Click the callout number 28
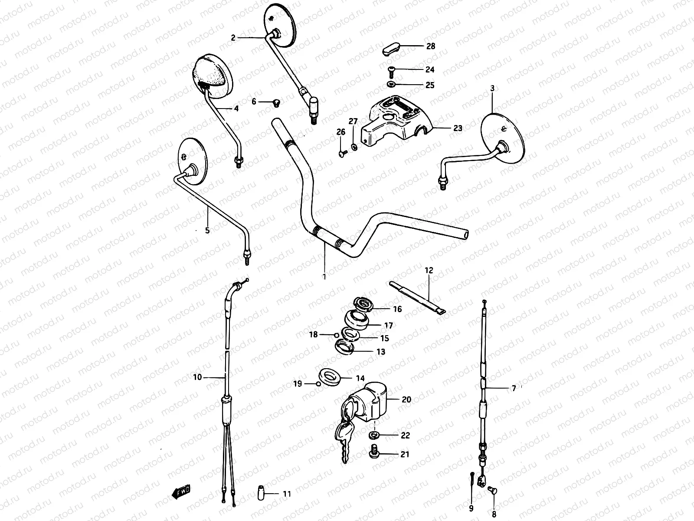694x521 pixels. point(430,46)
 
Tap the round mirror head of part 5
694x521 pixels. point(193,161)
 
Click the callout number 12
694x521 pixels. point(429,270)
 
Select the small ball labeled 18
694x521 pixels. point(337,334)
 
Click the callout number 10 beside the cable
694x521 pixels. point(197,377)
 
